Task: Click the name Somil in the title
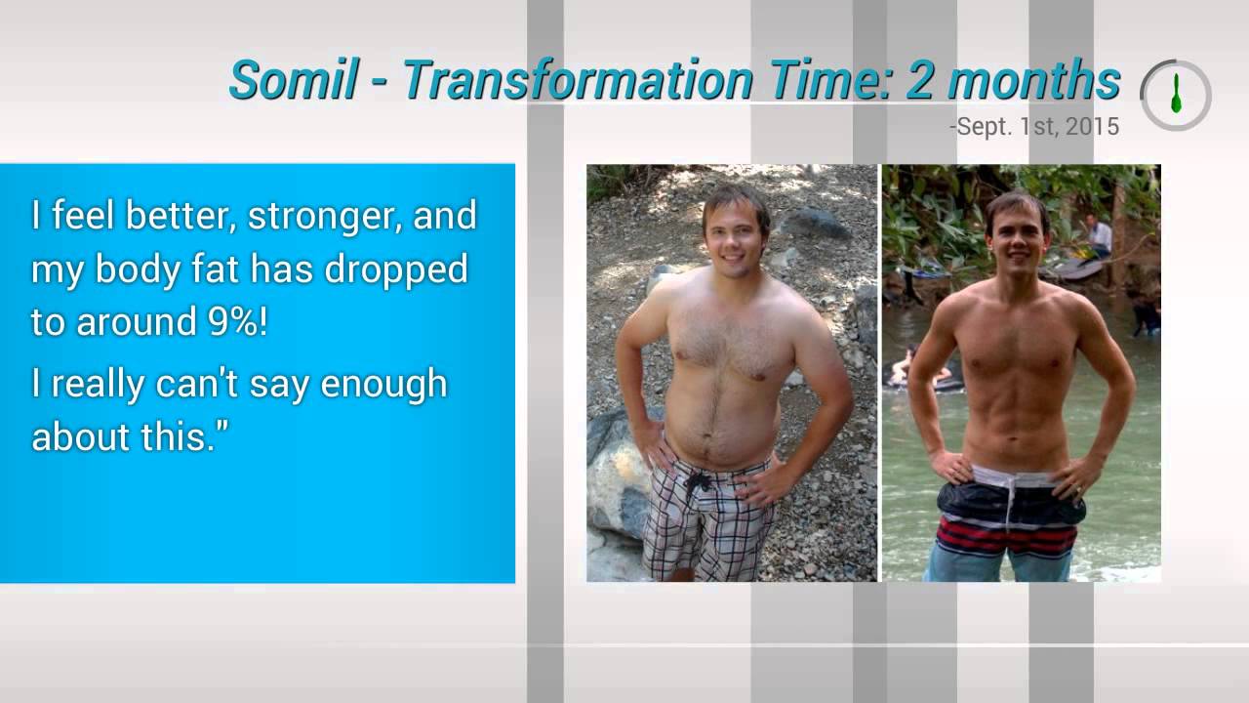(x=293, y=81)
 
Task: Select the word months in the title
(x=1034, y=81)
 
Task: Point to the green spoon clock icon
(x=1176, y=95)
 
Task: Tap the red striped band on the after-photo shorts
(x=1005, y=536)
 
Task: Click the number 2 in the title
(x=920, y=81)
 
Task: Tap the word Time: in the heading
(x=829, y=81)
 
